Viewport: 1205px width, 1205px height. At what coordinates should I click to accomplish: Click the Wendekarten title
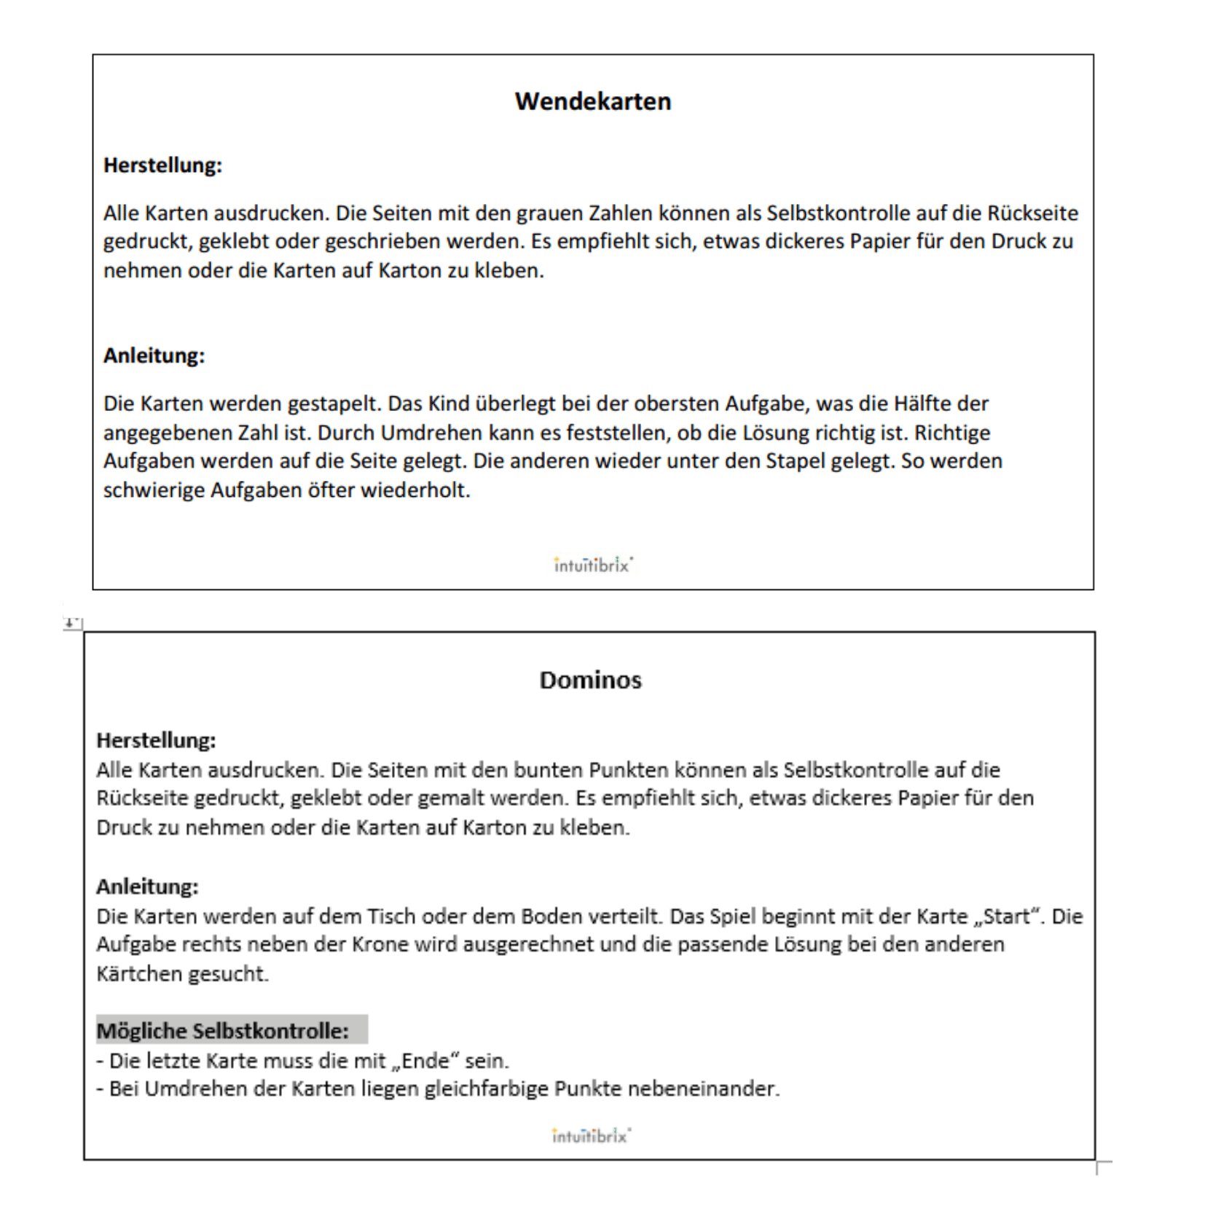pyautogui.click(x=592, y=101)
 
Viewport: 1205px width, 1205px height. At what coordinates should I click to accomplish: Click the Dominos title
pyautogui.click(x=590, y=680)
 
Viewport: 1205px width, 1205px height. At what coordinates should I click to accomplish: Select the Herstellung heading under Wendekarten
pyautogui.click(x=162, y=165)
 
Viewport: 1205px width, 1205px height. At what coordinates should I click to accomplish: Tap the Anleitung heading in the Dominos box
pyautogui.click(x=147, y=887)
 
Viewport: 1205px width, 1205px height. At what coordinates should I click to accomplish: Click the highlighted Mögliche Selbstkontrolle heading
pyautogui.click(x=223, y=1031)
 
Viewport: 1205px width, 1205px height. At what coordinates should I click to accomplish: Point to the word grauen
pyautogui.click(x=550, y=213)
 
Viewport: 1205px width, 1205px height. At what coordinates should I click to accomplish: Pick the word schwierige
pyautogui.click(x=154, y=490)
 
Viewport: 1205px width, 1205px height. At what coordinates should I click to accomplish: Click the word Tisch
pyautogui.click(x=390, y=916)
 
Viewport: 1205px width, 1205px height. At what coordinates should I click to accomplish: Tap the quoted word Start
pyautogui.click(x=1007, y=916)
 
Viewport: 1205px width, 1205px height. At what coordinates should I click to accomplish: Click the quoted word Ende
pyautogui.click(x=425, y=1060)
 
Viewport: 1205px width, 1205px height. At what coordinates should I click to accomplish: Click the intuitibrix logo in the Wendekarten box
pyautogui.click(x=593, y=565)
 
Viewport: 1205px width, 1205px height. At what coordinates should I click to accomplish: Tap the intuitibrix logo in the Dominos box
pyautogui.click(x=591, y=1136)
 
